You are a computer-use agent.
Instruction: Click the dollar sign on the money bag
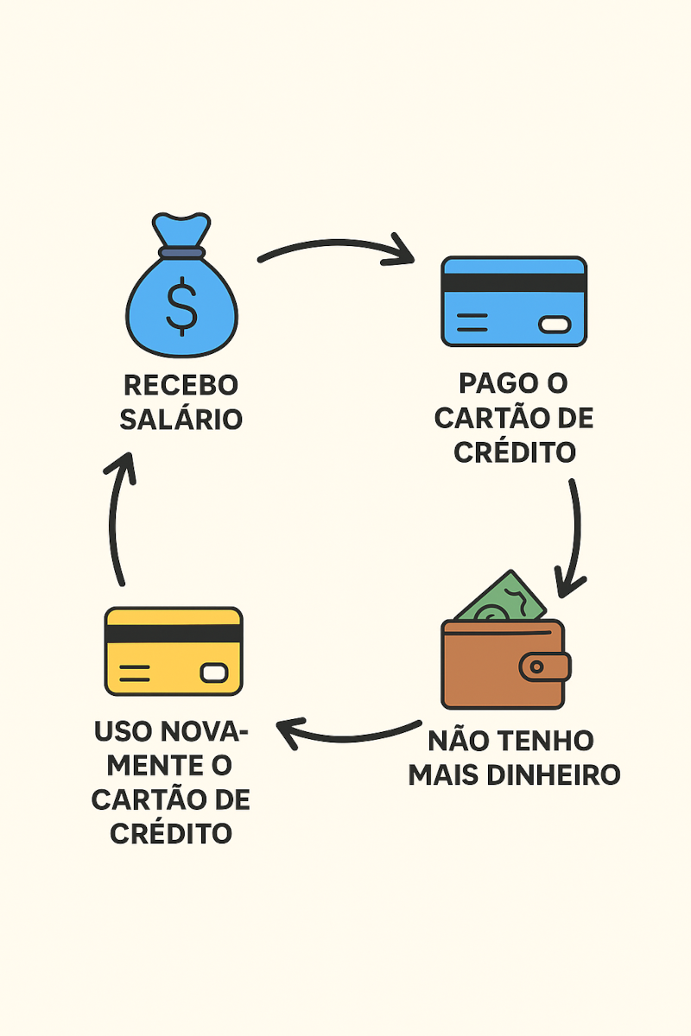click(x=181, y=306)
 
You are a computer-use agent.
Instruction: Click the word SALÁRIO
click(x=181, y=420)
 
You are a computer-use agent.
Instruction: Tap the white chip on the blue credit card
click(x=555, y=325)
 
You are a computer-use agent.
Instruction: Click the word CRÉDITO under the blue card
click(x=515, y=452)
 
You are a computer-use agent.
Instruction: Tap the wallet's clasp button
click(x=537, y=666)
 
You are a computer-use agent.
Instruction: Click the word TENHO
click(x=549, y=741)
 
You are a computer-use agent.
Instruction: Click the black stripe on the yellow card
click(x=174, y=633)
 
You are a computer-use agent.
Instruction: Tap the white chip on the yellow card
click(x=213, y=673)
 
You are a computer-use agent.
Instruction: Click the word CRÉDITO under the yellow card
click(x=172, y=834)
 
